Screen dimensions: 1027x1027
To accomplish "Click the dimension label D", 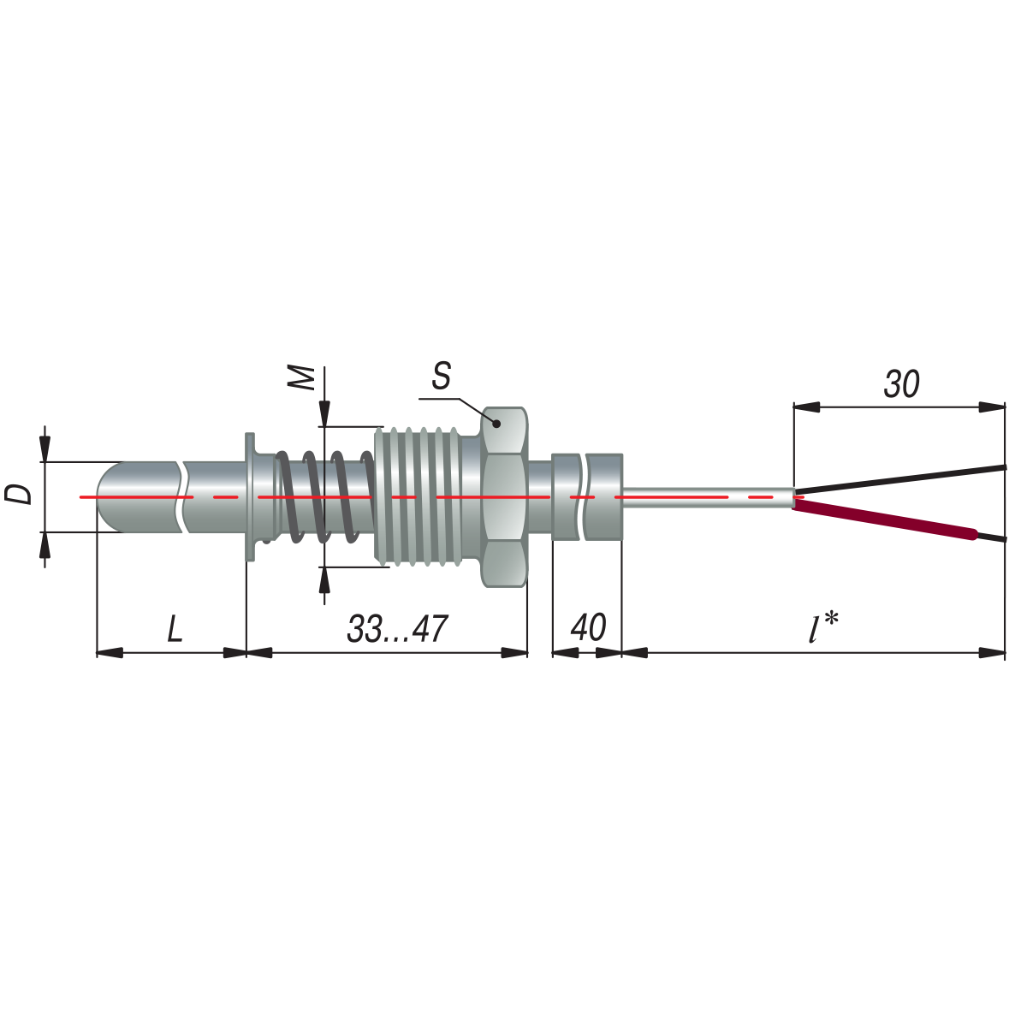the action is tap(18, 494).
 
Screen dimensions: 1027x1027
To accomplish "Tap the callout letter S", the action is tap(442, 376).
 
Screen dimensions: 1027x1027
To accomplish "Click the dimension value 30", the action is tap(902, 383).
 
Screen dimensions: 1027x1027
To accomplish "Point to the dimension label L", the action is tap(175, 629).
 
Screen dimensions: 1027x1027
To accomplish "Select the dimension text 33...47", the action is tap(397, 629).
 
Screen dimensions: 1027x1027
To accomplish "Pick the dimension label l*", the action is tap(823, 627).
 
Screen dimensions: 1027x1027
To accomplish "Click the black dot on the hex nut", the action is tap(496, 424).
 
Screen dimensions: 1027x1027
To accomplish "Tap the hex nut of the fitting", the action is tap(504, 496).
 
